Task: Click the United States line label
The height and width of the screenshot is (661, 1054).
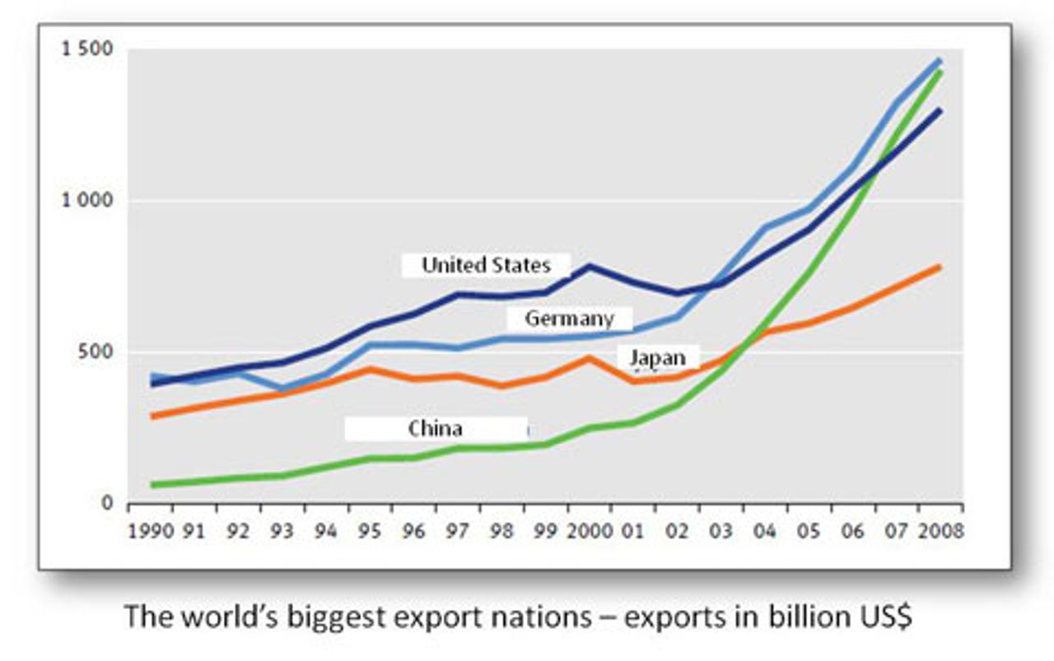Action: coord(486,265)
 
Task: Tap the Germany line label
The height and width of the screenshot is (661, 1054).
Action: coord(569,319)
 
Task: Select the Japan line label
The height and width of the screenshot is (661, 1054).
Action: coord(657,358)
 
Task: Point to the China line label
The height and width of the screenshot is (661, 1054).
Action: coord(435,428)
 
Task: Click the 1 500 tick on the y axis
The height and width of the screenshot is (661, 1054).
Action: coord(83,49)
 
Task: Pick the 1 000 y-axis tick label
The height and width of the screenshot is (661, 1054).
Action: coord(83,201)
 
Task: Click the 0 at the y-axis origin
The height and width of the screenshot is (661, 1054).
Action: coord(106,504)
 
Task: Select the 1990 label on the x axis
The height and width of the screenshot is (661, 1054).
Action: coord(151,531)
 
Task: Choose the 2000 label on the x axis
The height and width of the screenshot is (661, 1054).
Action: coord(590,531)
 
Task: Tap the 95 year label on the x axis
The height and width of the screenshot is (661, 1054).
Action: coord(370,531)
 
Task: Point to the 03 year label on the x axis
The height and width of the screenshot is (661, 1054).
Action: coord(721,531)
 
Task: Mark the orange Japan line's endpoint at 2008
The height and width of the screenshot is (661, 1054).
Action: coord(940,267)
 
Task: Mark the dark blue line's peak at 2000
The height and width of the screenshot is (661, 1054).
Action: coord(590,266)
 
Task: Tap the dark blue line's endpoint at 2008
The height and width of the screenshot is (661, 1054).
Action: coord(940,110)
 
